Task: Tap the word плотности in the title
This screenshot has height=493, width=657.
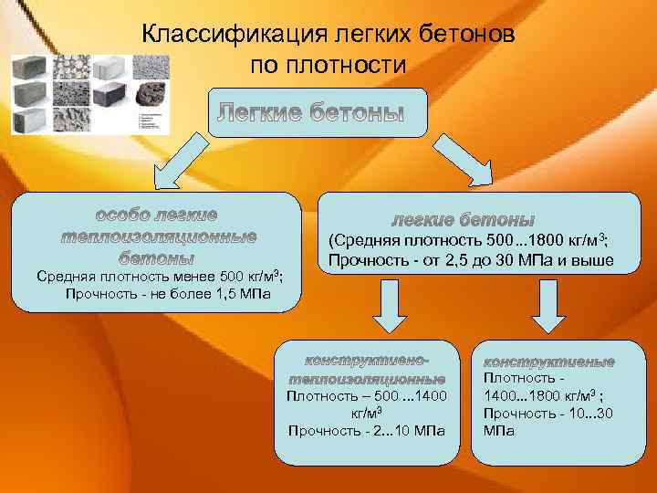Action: pyautogui.click(x=349, y=65)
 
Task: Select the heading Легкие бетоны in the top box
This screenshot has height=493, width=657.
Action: pyautogui.click(x=309, y=114)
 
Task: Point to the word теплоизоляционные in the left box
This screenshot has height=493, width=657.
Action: pyautogui.click(x=158, y=236)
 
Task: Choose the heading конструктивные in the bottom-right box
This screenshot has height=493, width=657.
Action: pyautogui.click(x=548, y=362)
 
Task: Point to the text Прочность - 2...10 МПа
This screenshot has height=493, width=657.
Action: pyautogui.click(x=367, y=430)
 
